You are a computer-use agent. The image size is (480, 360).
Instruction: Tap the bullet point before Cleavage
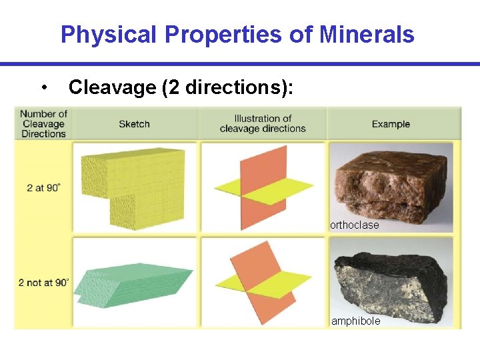[43, 87]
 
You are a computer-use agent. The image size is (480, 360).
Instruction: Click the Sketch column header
[134, 124]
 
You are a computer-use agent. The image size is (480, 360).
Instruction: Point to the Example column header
[391, 124]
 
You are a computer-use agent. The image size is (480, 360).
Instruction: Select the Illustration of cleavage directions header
[263, 124]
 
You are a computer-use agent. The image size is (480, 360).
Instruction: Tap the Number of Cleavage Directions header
[43, 124]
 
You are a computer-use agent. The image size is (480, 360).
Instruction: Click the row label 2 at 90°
[43, 188]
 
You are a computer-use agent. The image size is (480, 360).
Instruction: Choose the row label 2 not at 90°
[43, 283]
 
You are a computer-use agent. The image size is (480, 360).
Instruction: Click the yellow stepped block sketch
[133, 183]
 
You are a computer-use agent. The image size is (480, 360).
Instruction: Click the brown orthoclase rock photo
[391, 180]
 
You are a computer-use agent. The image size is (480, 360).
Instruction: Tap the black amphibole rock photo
[391, 280]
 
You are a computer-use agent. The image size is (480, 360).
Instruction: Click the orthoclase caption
[355, 225]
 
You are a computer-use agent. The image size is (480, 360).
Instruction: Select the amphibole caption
[356, 321]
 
